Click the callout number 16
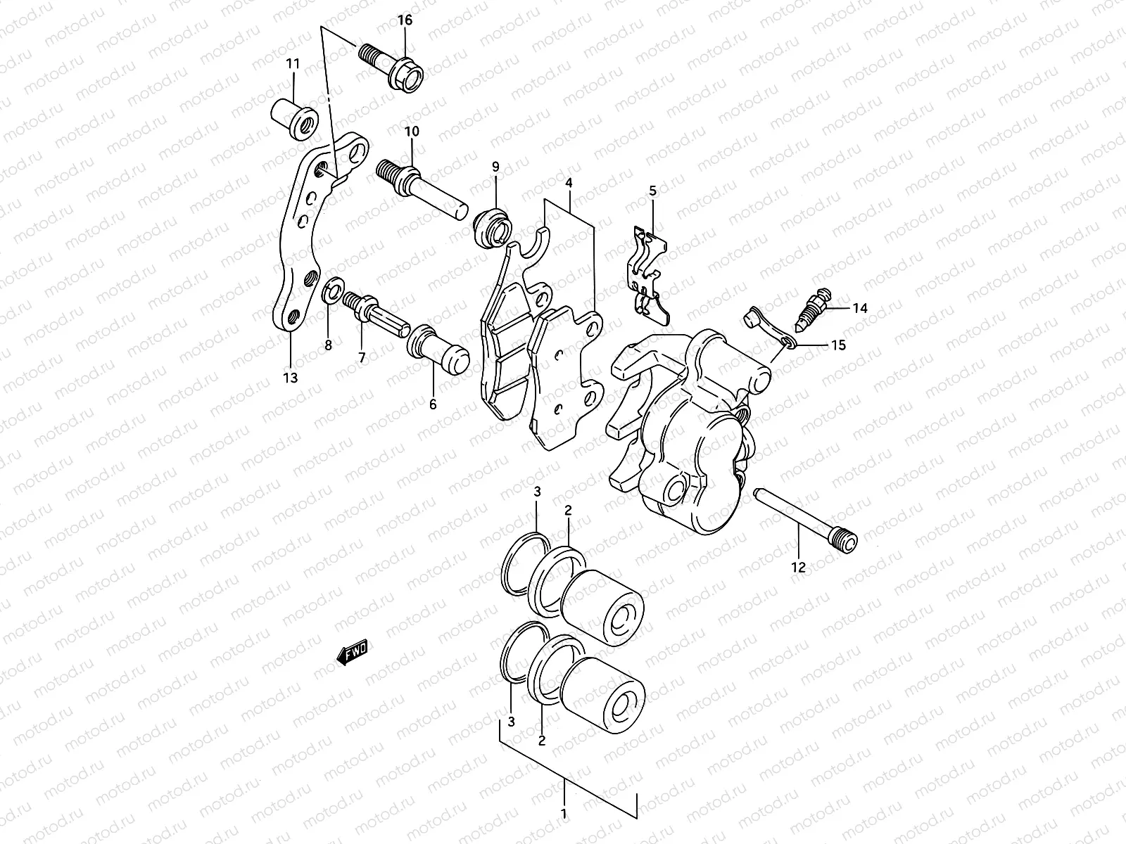[405, 20]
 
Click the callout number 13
[291, 378]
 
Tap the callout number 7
[362, 358]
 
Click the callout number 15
[837, 345]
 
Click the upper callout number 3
[537, 492]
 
